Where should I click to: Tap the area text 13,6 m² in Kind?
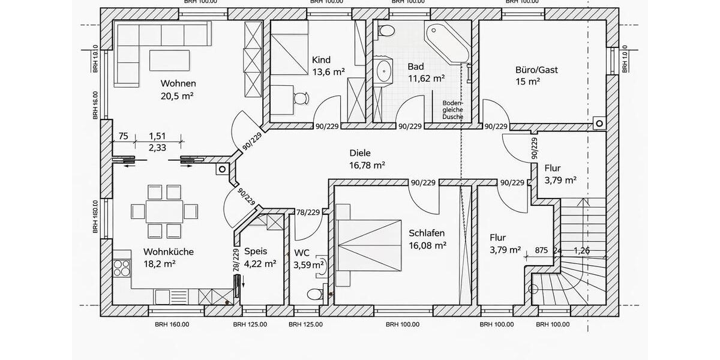point(328,71)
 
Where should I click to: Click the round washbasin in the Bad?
point(383,71)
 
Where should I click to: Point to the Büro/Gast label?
point(536,70)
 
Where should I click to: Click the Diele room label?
point(359,153)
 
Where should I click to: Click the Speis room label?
point(255,251)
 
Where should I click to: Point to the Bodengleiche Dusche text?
point(452,110)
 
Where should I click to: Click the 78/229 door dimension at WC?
point(308,212)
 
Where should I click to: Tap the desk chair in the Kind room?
point(300,98)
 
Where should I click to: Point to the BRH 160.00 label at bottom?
point(172,325)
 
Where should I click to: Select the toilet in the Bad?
point(385,30)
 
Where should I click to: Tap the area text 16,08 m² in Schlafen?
point(427,245)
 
